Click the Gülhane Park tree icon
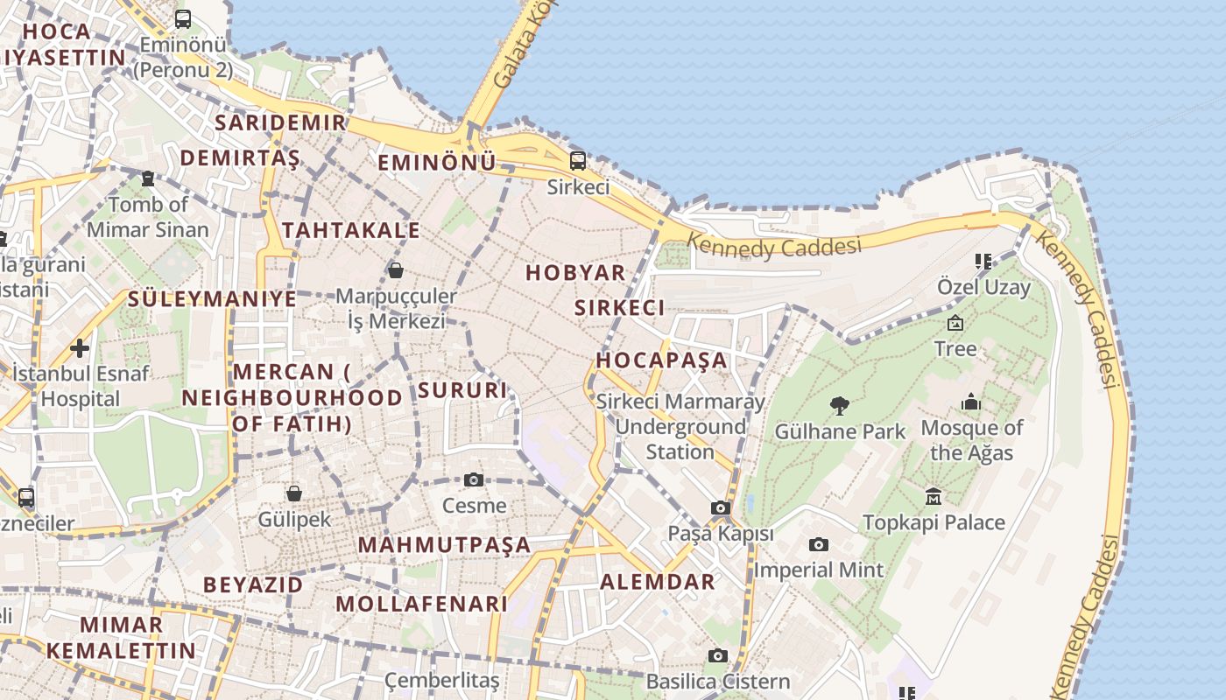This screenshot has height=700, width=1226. coord(840,405)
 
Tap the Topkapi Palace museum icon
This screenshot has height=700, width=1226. coord(934,496)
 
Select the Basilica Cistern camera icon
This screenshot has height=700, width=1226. coord(718,655)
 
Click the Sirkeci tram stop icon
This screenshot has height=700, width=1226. coord(577,160)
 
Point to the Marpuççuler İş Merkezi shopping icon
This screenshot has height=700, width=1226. coord(396,269)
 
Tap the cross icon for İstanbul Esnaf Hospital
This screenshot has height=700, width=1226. coord(80,348)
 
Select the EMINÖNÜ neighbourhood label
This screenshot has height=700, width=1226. coord(436,163)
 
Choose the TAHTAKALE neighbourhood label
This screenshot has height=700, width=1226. coord(351,230)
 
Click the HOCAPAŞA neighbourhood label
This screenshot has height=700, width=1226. coord(662,360)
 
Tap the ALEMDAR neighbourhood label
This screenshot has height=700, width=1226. coord(658,582)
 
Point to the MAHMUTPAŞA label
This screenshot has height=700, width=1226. coord(445,545)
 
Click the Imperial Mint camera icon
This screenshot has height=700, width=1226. coord(818,544)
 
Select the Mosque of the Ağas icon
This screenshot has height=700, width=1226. coord(971,402)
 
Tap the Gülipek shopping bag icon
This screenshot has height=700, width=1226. coord(294,493)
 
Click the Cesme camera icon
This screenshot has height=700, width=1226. coord(474,479)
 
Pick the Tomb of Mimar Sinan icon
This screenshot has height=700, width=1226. coord(148,178)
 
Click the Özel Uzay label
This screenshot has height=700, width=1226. coord(983,287)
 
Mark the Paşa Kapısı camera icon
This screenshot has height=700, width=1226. coord(721,507)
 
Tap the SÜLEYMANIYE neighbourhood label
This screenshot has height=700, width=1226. coord(212,298)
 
